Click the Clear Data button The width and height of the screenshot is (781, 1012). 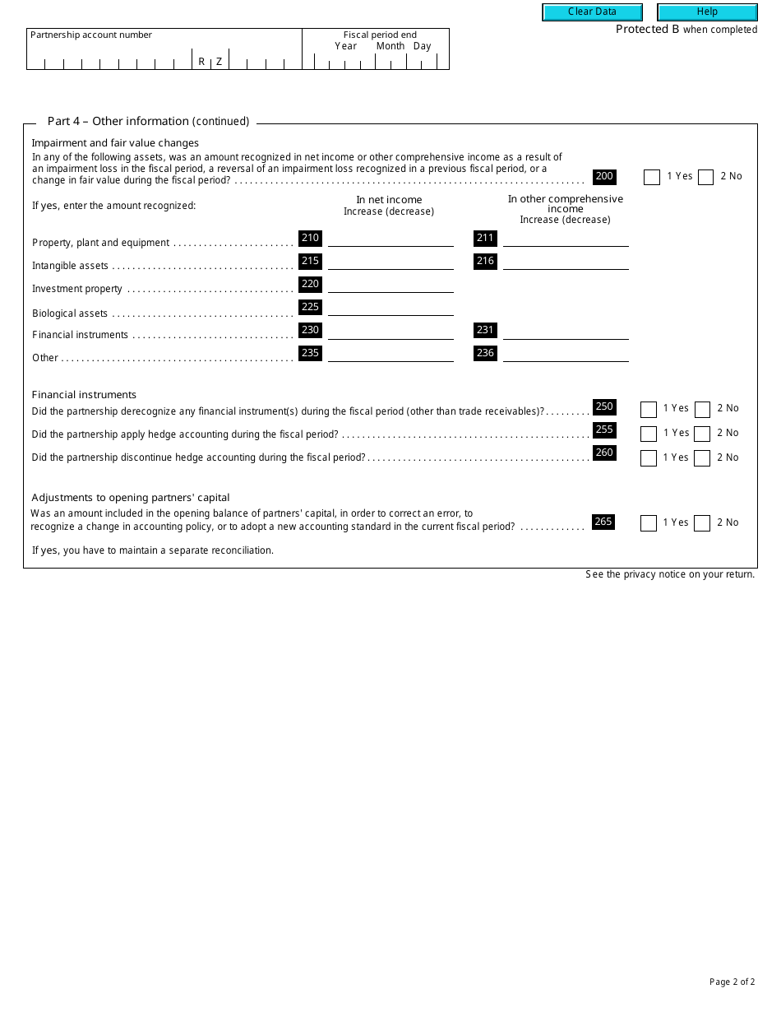592,12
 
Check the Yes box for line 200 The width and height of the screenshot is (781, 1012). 652,177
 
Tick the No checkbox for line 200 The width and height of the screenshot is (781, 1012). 705,177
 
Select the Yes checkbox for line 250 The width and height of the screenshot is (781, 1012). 649,410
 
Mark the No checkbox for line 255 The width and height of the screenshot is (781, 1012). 702,434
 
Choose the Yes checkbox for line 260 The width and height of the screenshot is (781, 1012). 649,458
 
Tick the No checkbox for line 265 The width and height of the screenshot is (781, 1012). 702,523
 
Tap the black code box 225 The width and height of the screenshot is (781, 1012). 310,308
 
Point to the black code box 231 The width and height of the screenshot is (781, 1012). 485,331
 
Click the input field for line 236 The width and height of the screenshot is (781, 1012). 566,354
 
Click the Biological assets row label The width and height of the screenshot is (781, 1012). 70,313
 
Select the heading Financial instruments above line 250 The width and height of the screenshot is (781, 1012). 84,395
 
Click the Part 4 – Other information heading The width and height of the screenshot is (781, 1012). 148,121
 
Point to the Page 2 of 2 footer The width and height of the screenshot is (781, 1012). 732,982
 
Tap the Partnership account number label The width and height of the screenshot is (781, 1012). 91,35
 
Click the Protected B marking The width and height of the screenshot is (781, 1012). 686,30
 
